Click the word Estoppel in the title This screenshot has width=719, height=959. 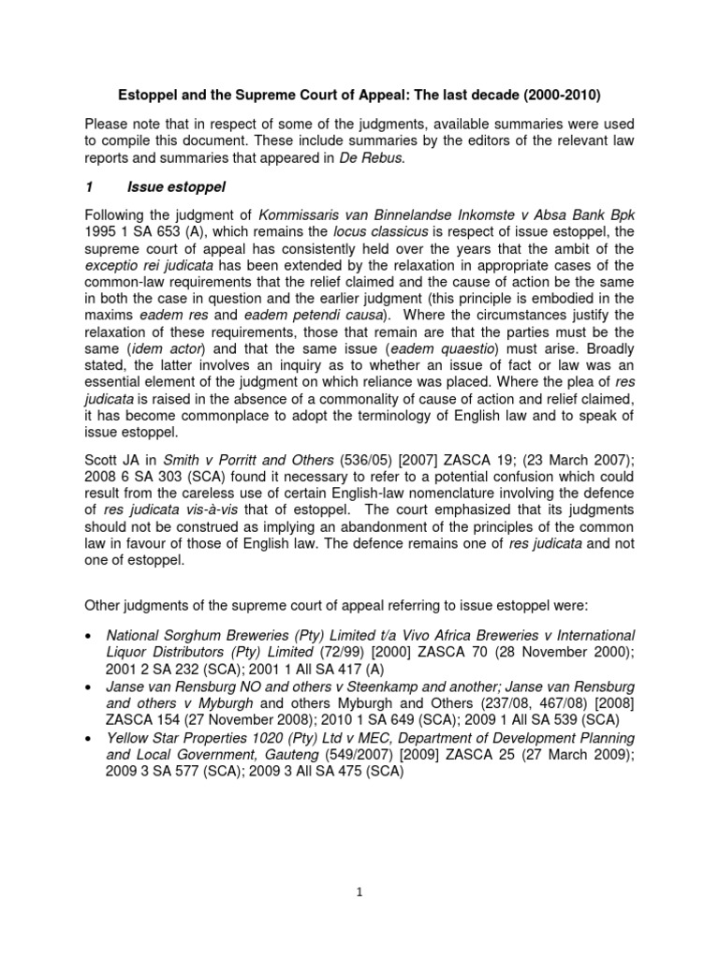pyautogui.click(x=145, y=96)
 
